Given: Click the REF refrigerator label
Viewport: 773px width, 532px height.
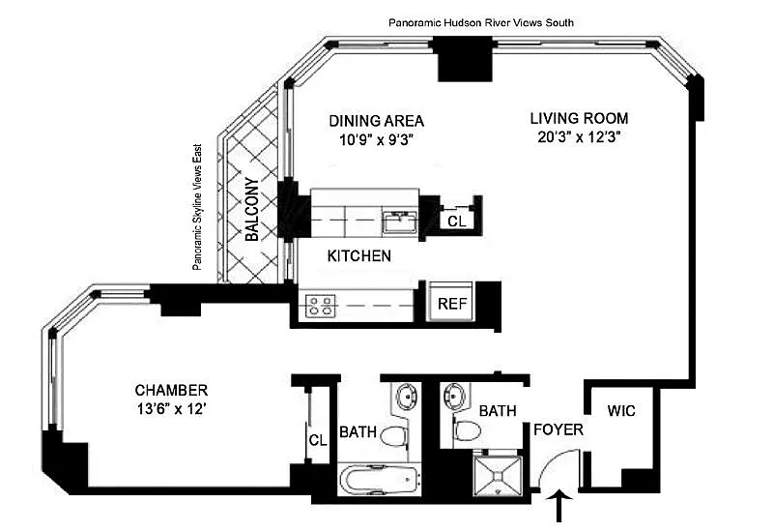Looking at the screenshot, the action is click(x=452, y=303).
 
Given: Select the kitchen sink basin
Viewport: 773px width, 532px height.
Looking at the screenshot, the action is click(x=400, y=222).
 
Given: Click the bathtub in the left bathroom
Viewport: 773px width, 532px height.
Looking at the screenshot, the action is click(x=380, y=479).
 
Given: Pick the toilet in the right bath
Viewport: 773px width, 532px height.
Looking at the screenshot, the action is click(x=467, y=430).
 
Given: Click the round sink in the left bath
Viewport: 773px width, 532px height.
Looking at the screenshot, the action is click(x=408, y=396).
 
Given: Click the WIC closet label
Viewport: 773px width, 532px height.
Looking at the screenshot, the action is click(x=621, y=410).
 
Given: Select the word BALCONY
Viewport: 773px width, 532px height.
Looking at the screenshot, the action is click(x=252, y=209).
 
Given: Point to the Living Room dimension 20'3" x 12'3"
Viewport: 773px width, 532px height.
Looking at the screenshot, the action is click(x=579, y=136).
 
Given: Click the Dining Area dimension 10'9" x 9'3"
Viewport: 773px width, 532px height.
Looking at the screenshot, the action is click(x=376, y=140).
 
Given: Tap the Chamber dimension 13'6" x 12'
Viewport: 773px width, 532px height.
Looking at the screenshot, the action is click(x=171, y=408).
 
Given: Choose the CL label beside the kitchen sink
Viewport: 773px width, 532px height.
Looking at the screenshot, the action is click(x=457, y=222).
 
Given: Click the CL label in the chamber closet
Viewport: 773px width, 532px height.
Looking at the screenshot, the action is click(x=318, y=440).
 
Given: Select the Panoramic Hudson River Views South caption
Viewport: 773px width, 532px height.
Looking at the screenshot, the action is click(x=481, y=22).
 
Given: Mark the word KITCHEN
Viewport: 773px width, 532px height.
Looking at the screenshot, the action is click(x=359, y=255).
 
